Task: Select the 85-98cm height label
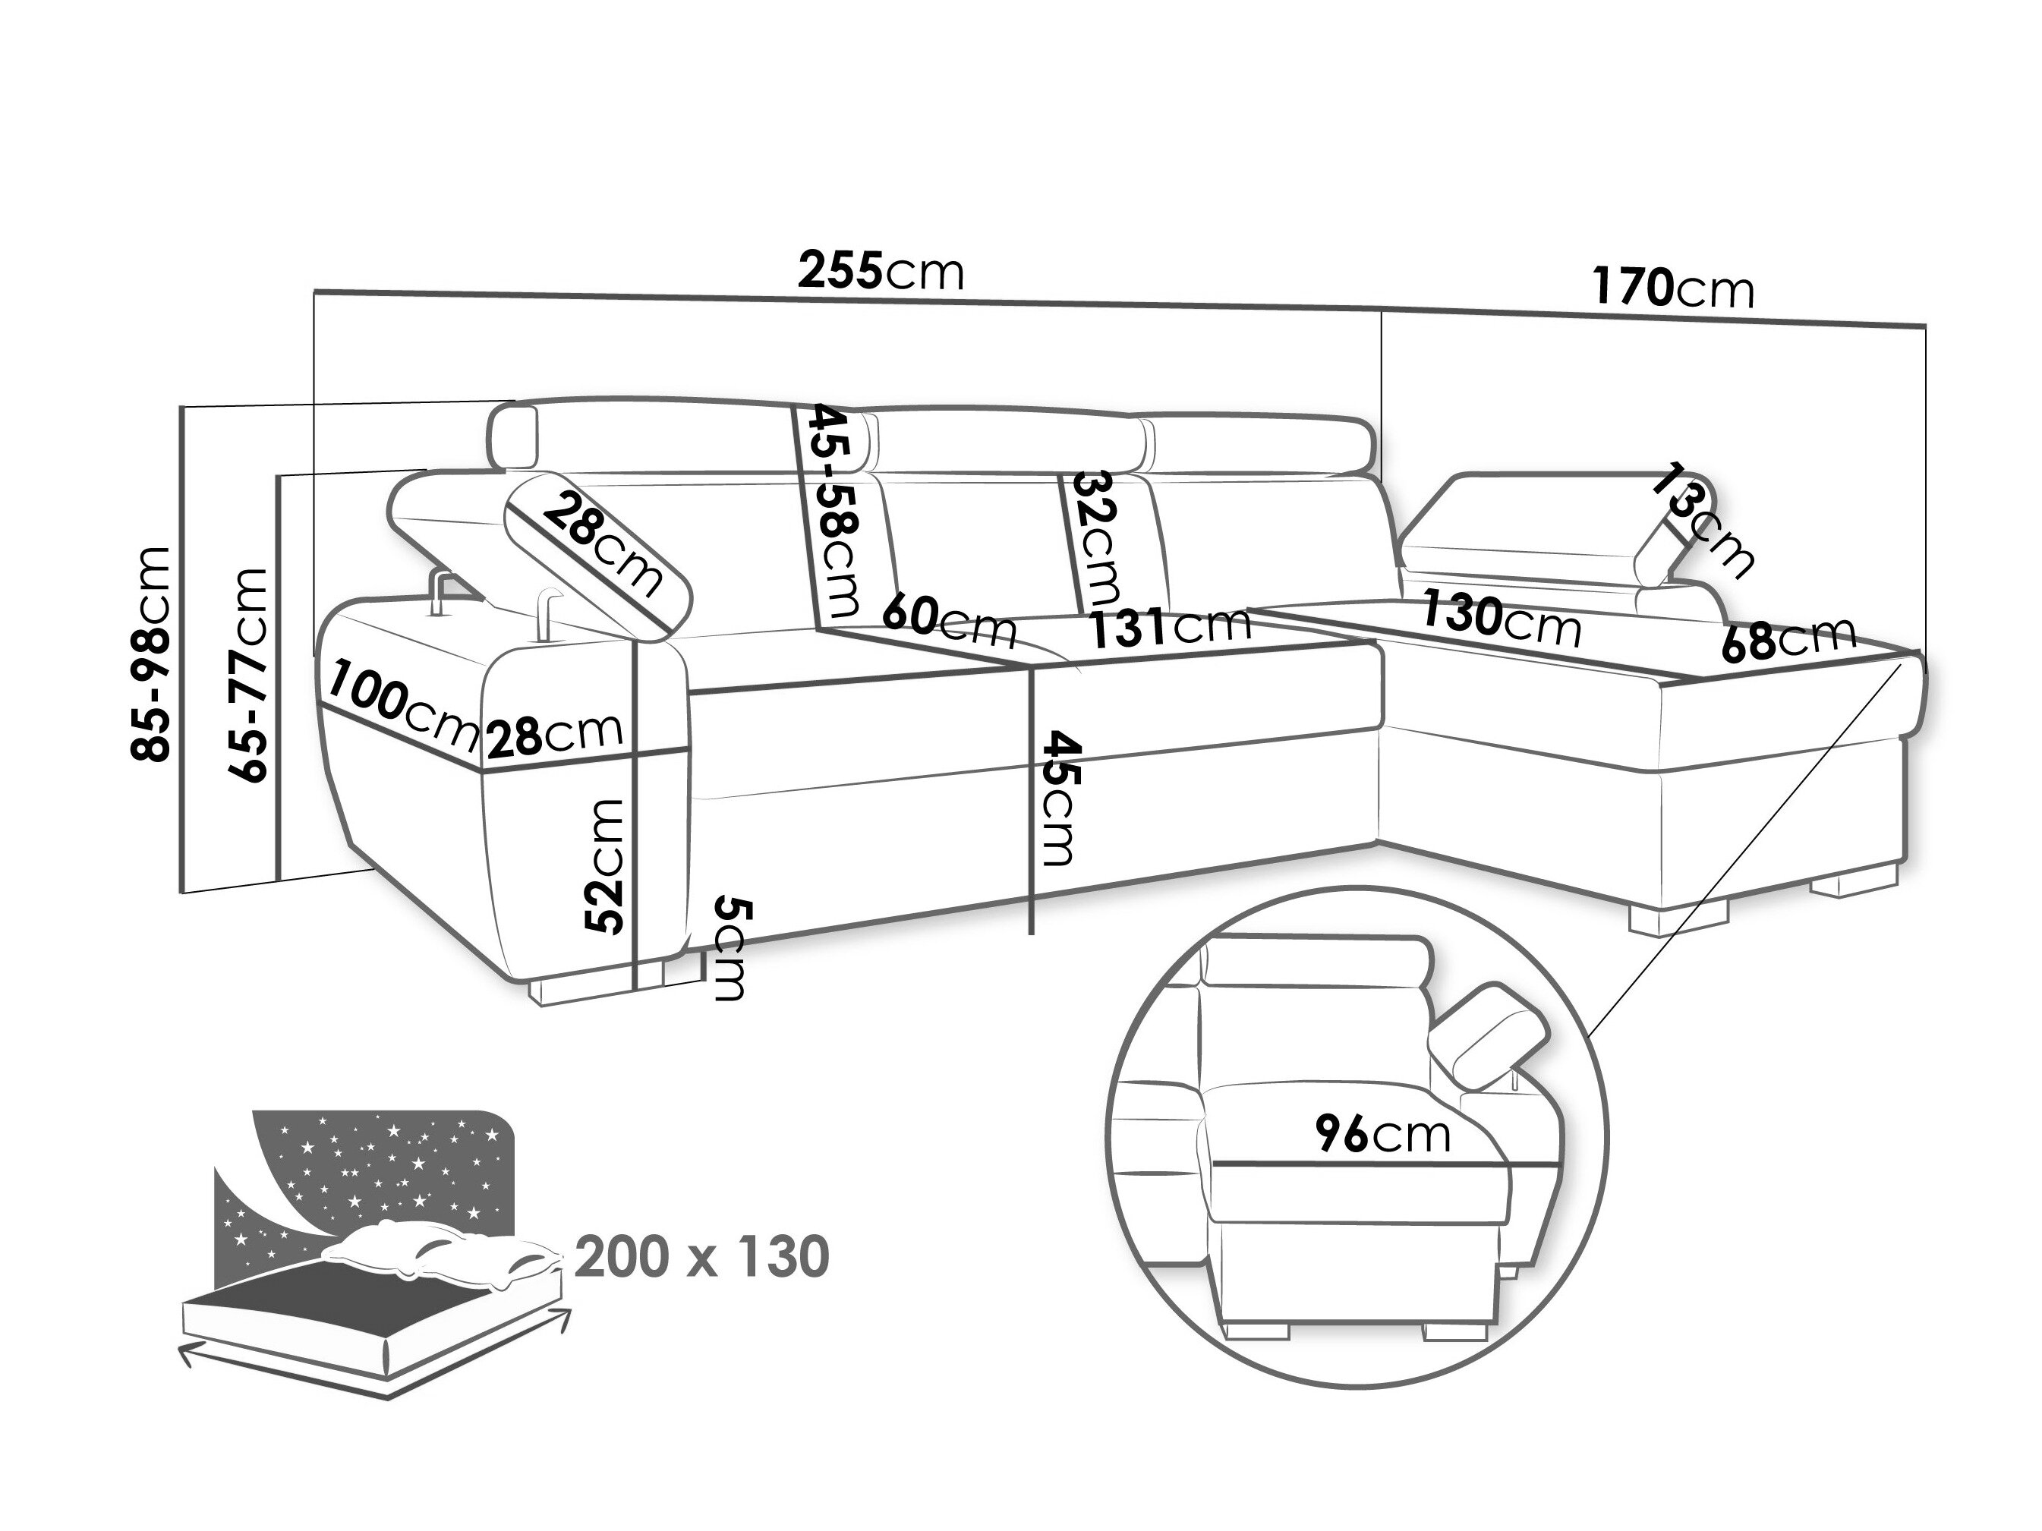click(x=151, y=654)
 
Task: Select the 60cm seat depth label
click(x=949, y=622)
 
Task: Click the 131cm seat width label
click(x=1170, y=628)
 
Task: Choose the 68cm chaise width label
click(x=1789, y=638)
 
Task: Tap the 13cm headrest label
click(x=1704, y=522)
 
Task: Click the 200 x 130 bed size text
click(x=701, y=1257)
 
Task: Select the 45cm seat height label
click(x=1059, y=799)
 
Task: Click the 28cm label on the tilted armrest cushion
click(x=602, y=546)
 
